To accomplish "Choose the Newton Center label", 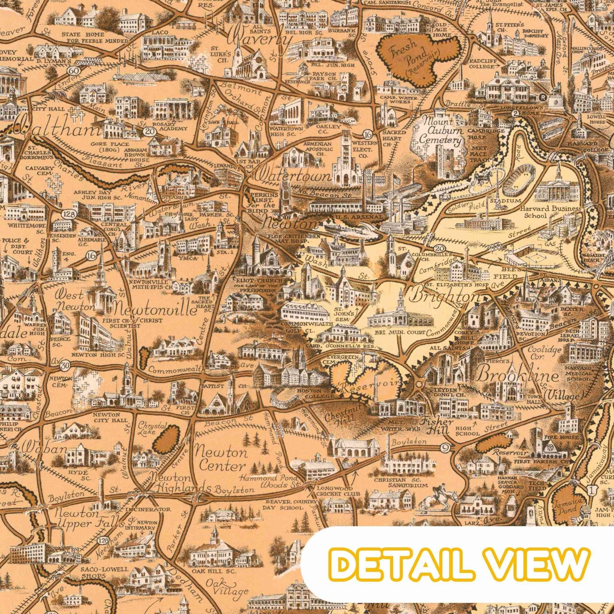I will pyautogui.click(x=221, y=459).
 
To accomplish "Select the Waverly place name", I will pyautogui.click(x=260, y=40).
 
